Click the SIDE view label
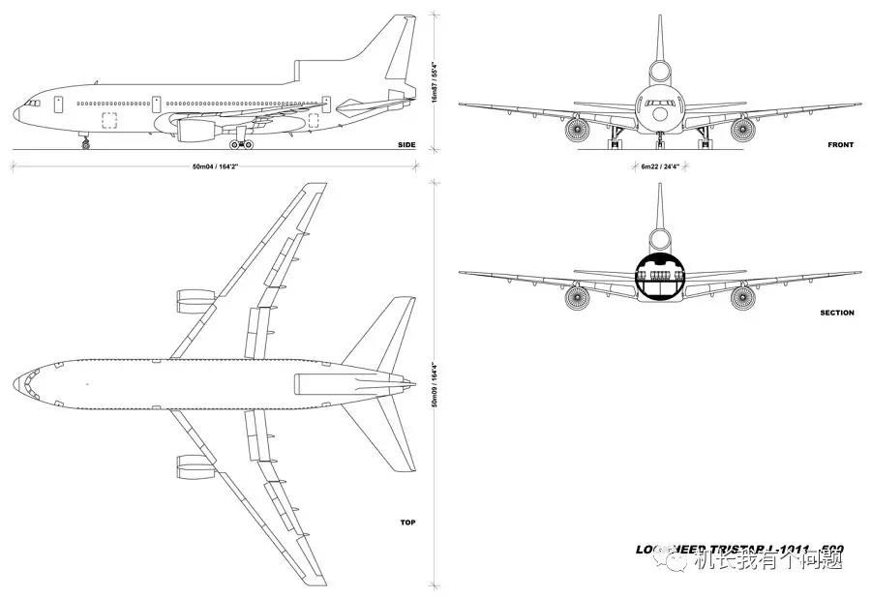pos(406,145)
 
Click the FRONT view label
pos(840,145)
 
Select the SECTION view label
pos(837,313)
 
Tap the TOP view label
pos(408,523)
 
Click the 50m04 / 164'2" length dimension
pos(215,166)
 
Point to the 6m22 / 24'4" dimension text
pos(659,166)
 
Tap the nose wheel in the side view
pos(85,145)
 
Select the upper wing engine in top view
pos(195,300)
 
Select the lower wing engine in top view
pos(195,466)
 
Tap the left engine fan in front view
pos(578,129)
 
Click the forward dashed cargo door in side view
pos(109,121)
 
